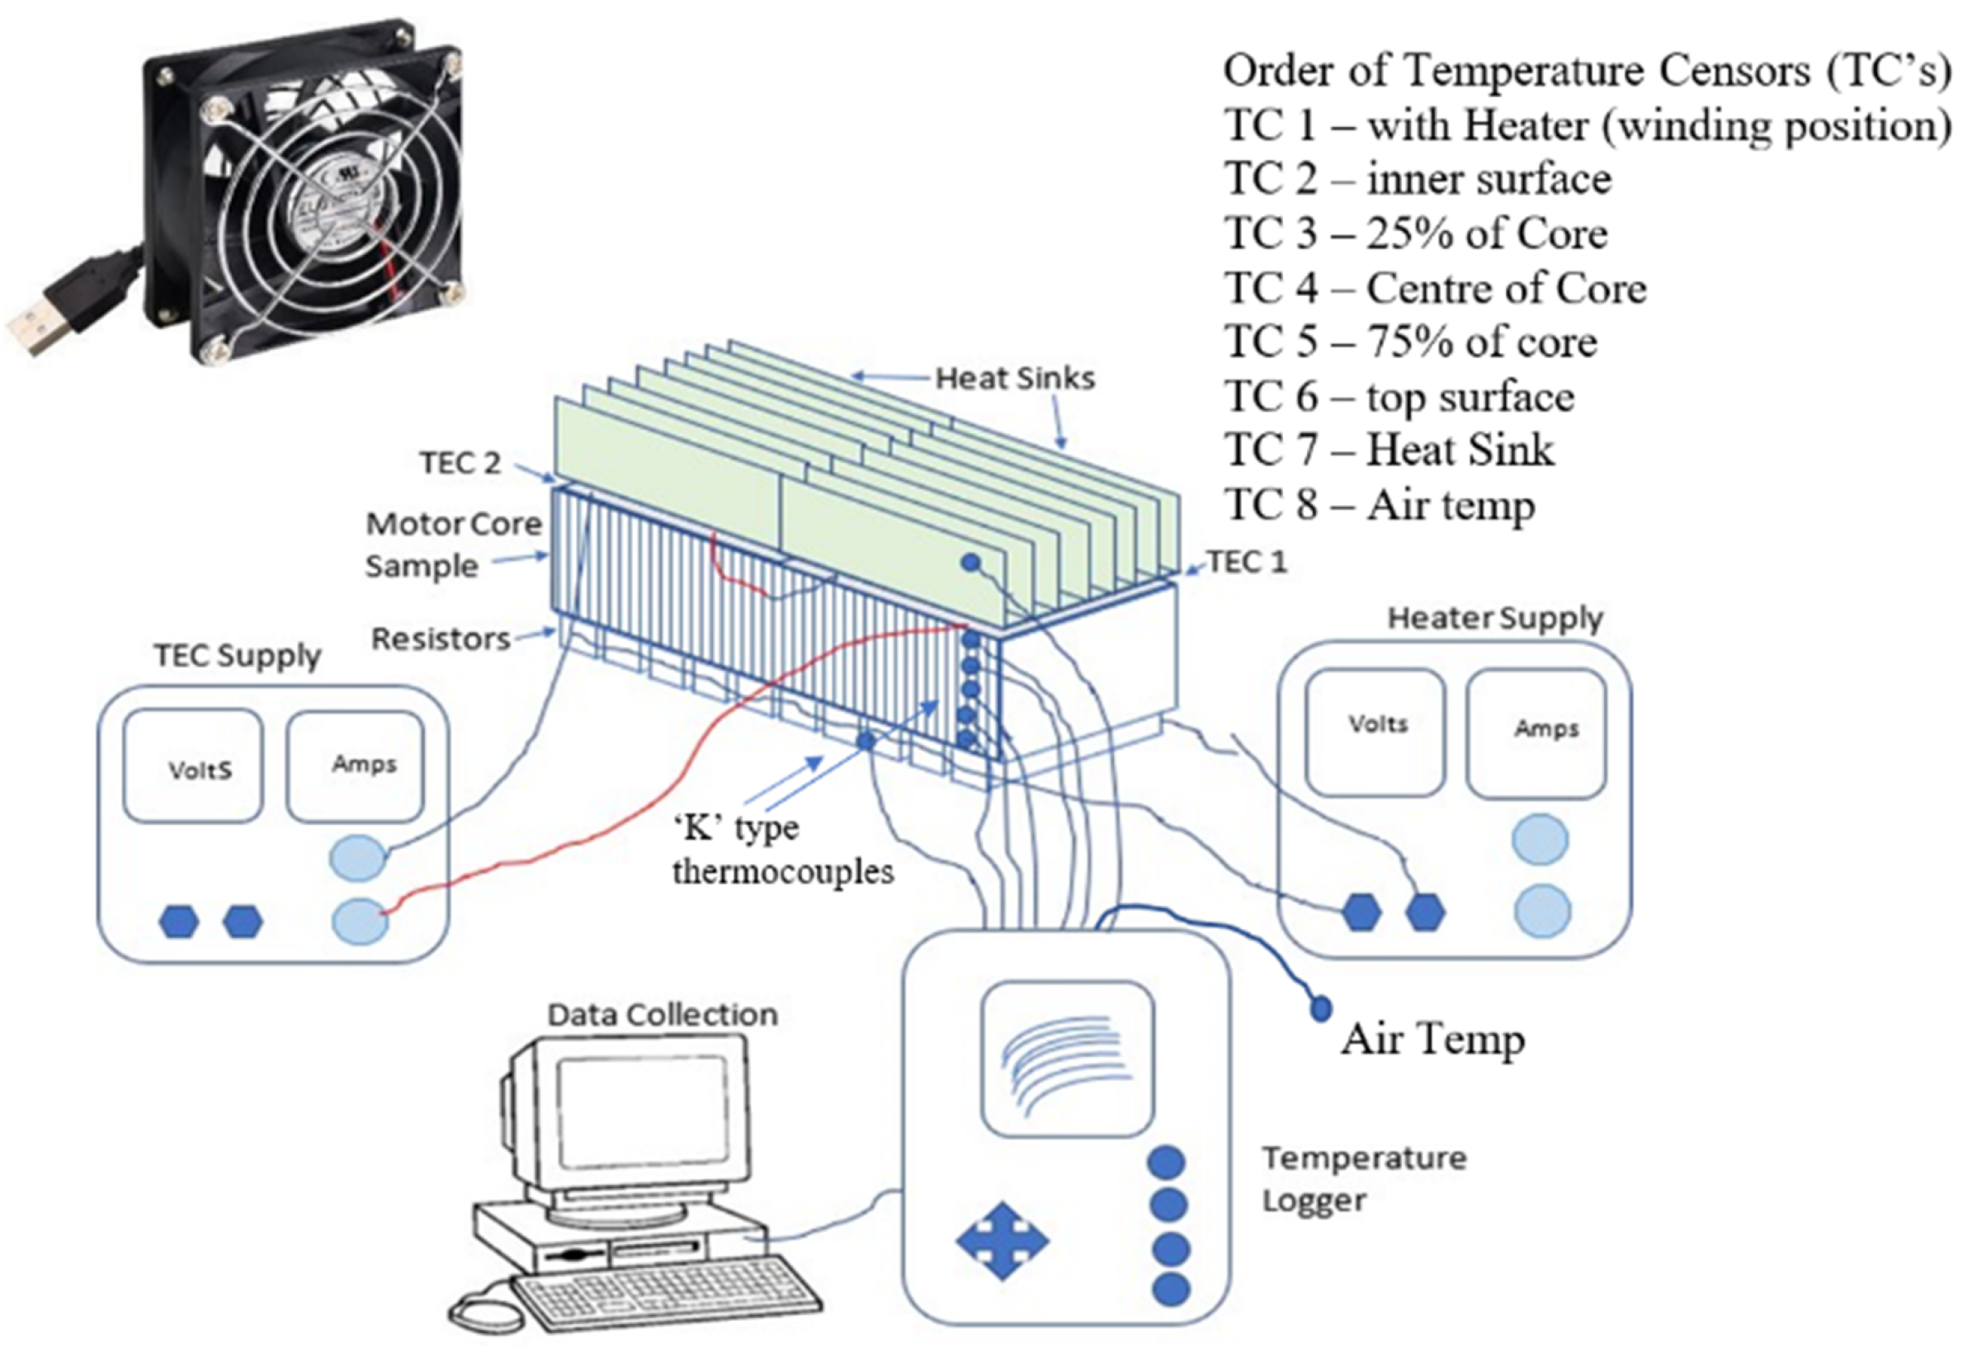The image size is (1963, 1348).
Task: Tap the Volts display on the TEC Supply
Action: coord(193,766)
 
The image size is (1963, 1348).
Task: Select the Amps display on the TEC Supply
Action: coord(356,766)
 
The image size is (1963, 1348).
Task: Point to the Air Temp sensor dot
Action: coord(1320,1007)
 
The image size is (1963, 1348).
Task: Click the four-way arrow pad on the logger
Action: coord(1002,1241)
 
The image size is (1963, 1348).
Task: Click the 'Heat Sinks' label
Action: coord(1014,379)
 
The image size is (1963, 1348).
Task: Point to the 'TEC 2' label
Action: coord(460,463)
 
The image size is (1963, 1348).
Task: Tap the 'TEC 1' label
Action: coord(1247,562)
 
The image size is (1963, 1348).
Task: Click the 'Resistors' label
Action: coord(441,639)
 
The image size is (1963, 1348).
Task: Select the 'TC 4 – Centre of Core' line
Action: coord(1435,288)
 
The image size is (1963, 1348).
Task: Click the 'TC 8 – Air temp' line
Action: coord(1380,505)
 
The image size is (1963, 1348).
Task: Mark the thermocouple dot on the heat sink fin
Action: coord(971,563)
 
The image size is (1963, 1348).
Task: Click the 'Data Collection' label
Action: coord(663,1015)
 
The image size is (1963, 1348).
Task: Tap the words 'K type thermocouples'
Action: coord(782,850)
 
